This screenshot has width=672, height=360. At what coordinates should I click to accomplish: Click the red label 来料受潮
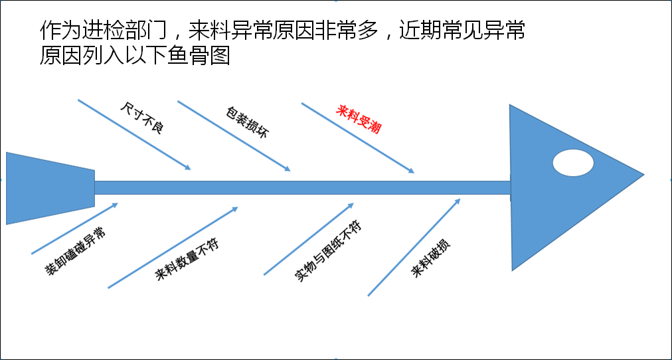point(359,120)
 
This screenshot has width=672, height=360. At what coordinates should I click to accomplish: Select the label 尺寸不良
point(142,119)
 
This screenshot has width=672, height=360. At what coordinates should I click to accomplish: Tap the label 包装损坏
point(247,122)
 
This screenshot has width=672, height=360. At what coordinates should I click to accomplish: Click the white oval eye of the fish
point(573,163)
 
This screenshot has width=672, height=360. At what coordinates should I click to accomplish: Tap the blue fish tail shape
point(50,188)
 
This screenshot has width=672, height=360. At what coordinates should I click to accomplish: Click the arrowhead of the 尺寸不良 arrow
point(188,168)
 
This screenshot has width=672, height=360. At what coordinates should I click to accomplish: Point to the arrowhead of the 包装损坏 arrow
point(288,169)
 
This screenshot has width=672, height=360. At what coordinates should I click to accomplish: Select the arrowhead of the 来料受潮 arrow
point(412,171)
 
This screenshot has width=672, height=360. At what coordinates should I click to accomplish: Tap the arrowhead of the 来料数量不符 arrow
point(235,209)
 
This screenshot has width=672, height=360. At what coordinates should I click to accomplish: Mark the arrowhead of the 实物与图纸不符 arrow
point(351,205)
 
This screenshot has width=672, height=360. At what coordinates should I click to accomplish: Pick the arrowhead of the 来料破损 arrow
point(458,201)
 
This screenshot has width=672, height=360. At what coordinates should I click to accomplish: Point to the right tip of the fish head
point(644,175)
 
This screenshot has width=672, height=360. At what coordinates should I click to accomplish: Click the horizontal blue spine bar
point(303,188)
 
